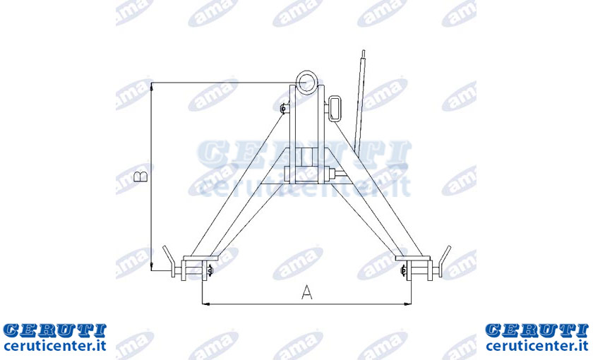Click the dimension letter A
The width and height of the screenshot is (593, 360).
pos(306,292)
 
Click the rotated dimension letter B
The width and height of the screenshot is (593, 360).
pos(140,177)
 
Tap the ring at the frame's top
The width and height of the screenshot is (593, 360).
pos(306,81)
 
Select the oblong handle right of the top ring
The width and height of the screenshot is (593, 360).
pos(335,109)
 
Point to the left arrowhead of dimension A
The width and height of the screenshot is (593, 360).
pos(205,304)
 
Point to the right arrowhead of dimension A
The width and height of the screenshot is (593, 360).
pos(408,304)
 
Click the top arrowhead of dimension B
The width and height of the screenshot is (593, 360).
pos(151,87)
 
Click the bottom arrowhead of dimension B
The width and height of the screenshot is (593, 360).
pos(151,267)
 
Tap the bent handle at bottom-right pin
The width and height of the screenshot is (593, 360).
pos(444,260)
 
